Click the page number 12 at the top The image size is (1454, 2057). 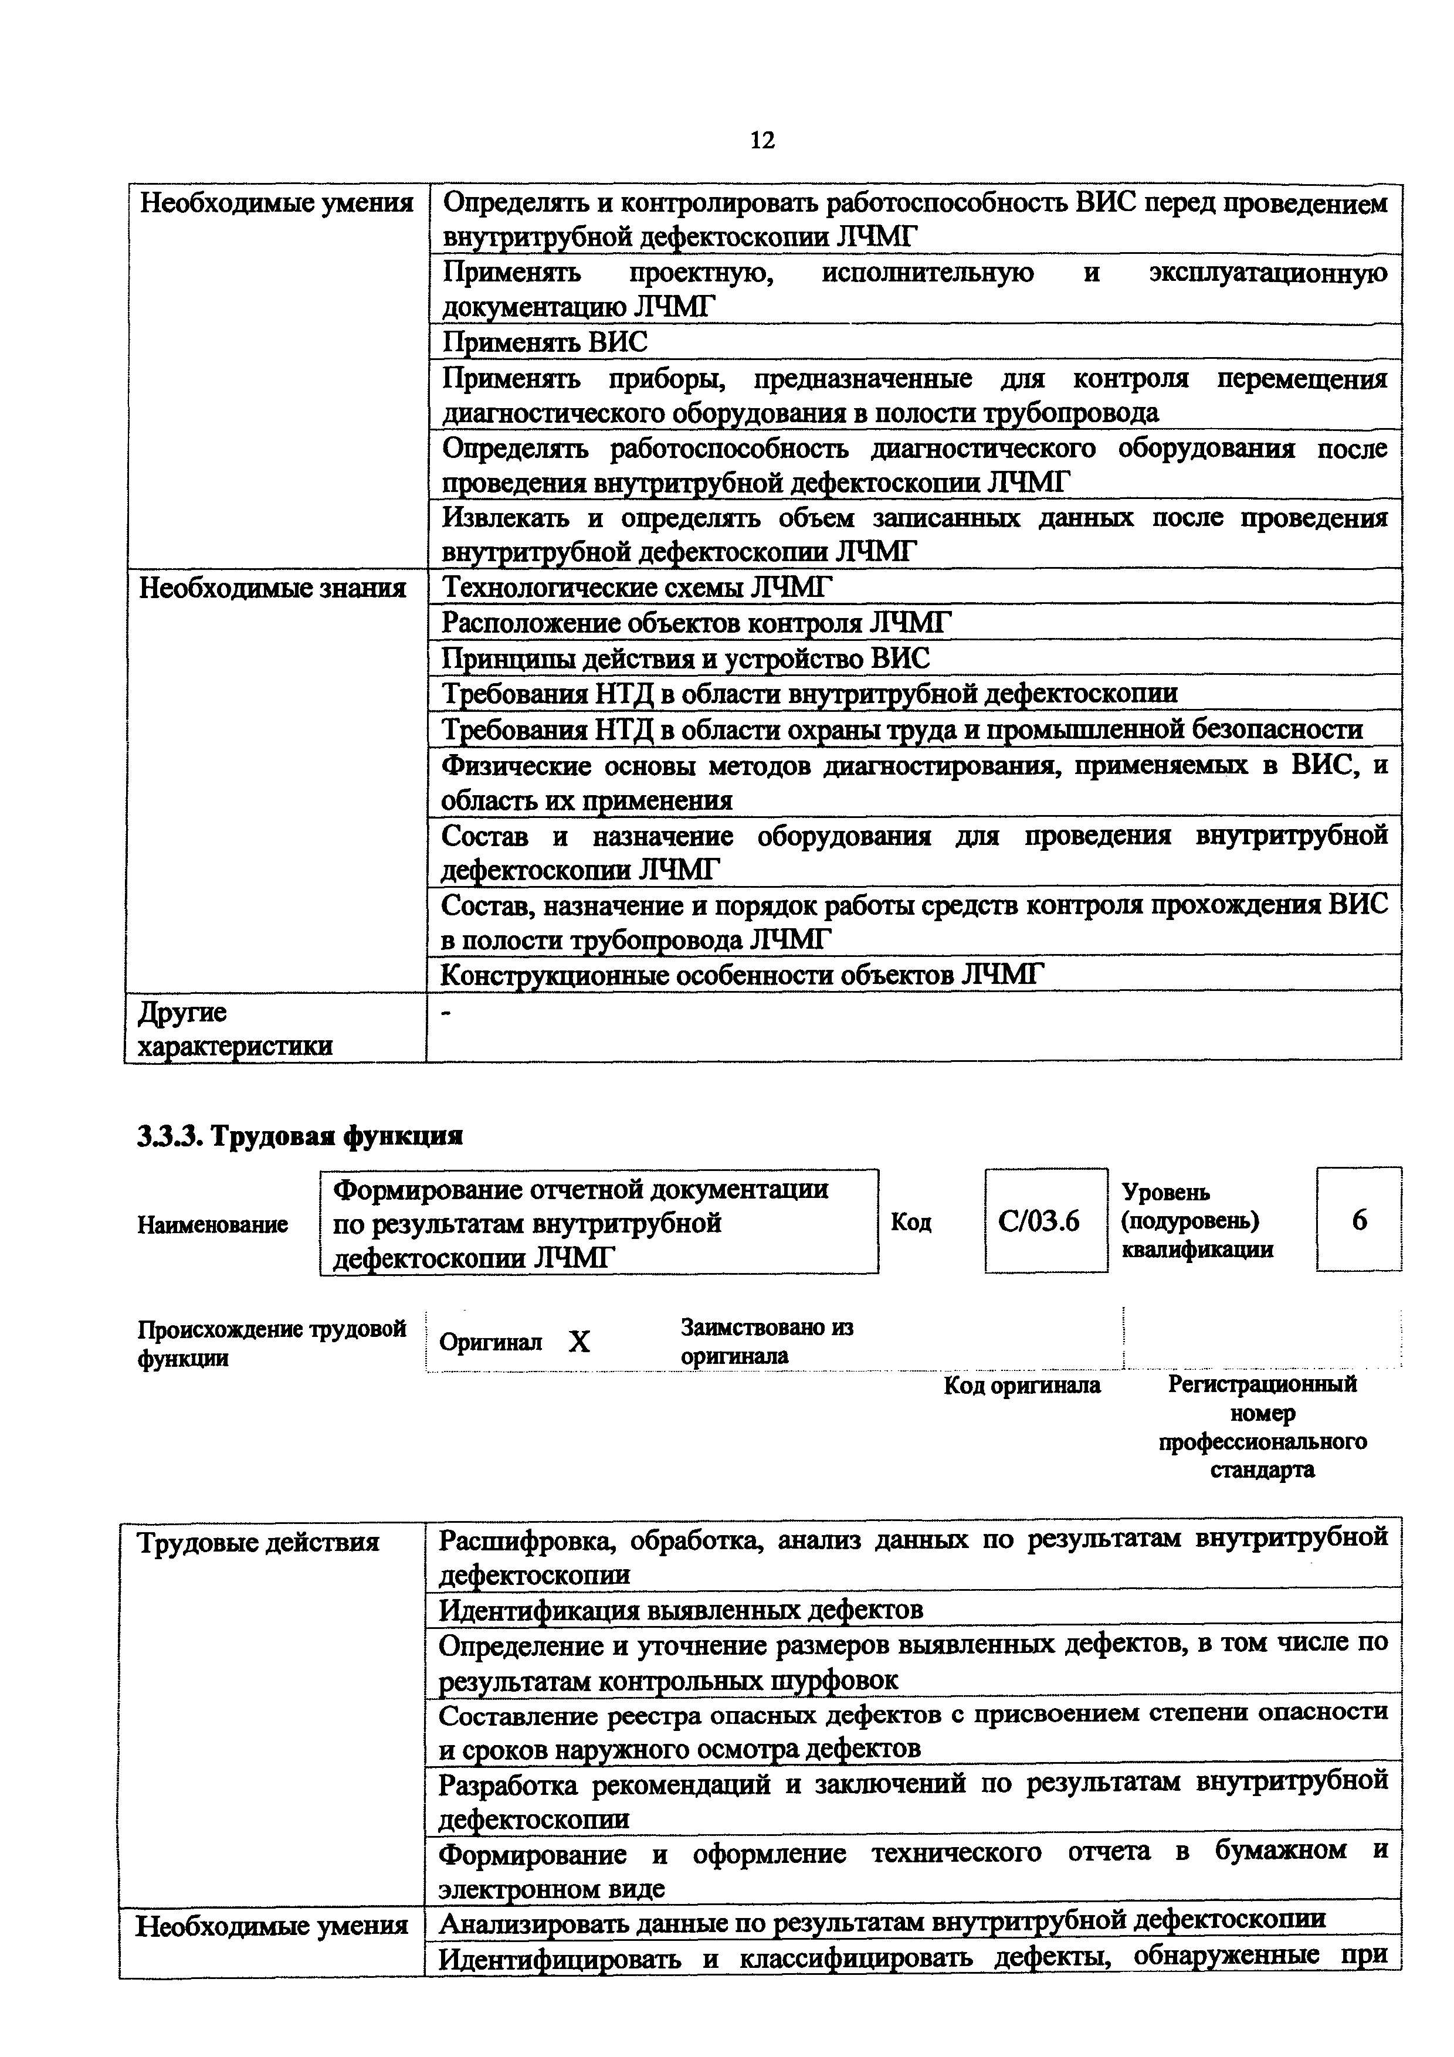point(762,141)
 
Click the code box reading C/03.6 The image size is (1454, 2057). point(1045,1221)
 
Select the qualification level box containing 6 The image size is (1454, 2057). point(1358,1220)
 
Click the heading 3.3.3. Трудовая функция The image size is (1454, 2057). point(300,1136)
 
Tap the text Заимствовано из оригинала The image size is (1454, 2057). point(767,1341)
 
